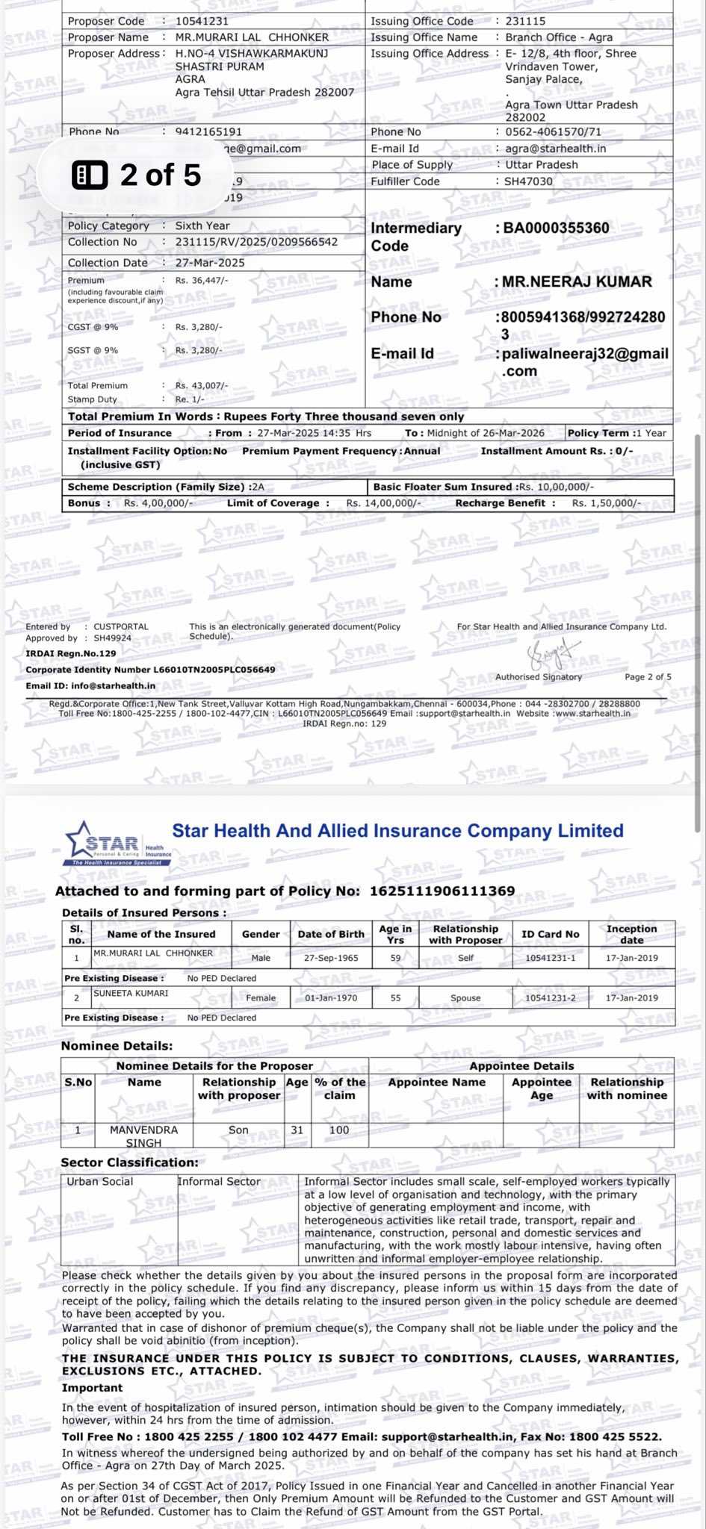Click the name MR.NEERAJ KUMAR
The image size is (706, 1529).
pos(577,281)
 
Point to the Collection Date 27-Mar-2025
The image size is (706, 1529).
pos(210,263)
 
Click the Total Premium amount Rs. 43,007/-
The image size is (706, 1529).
pos(202,385)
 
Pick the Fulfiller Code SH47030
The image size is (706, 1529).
pos(529,181)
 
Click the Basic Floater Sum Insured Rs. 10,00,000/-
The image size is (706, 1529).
pos(556,487)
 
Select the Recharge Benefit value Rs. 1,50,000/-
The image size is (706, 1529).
pos(606,503)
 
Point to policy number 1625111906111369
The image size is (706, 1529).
pos(442,891)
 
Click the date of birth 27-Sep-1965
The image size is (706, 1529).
pos(331,958)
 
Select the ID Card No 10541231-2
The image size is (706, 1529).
pos(550,998)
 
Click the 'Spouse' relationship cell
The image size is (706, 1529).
pos(465,998)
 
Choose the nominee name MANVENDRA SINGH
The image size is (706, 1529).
pos(143,1136)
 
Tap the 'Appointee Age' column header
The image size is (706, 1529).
pos(542,1089)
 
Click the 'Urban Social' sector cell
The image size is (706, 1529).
pos(100,1182)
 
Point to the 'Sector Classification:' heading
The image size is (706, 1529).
pos(130,1162)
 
